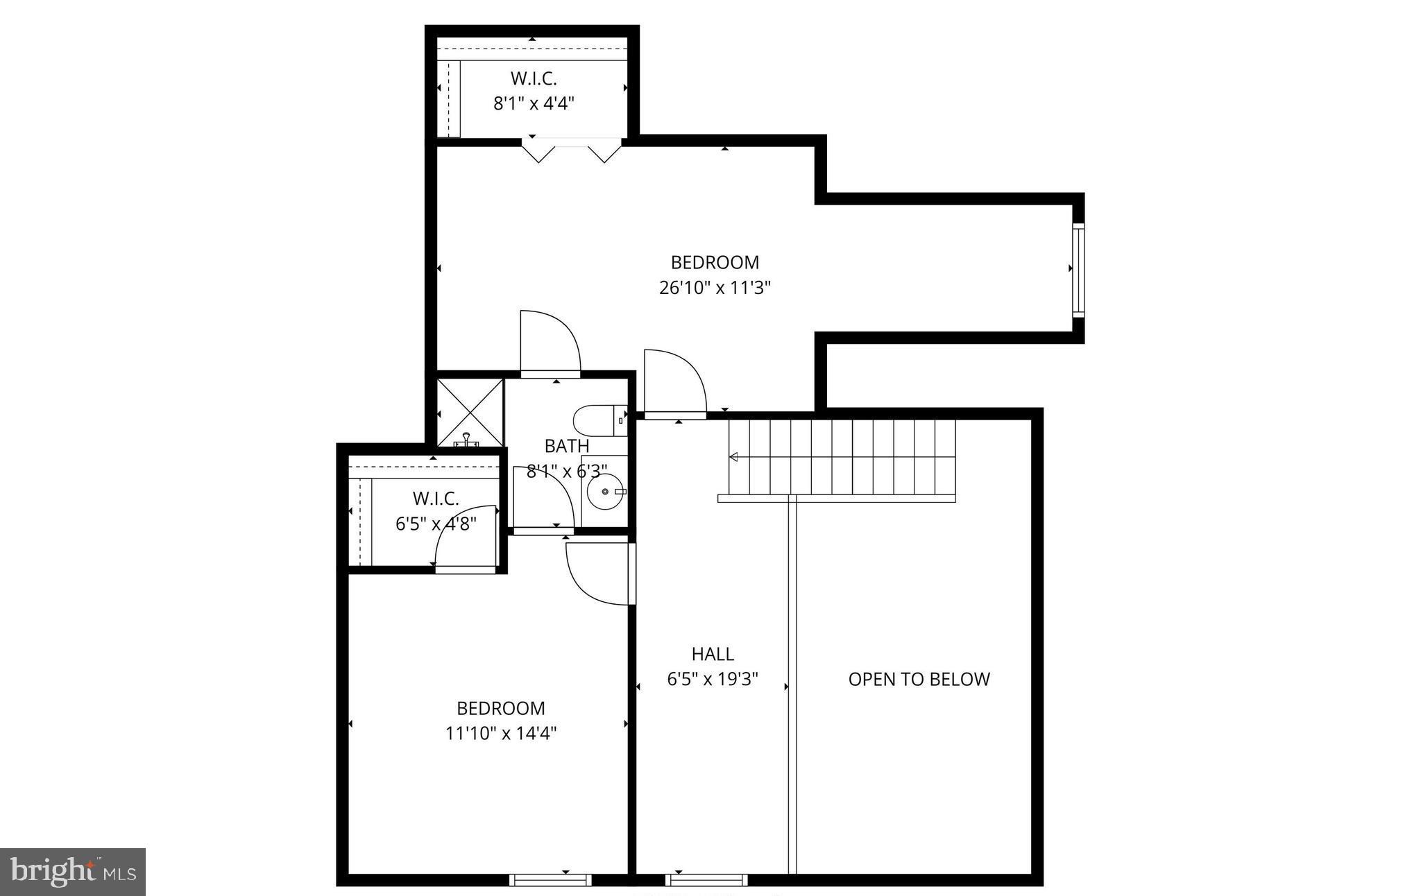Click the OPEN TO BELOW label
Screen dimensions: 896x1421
pos(919,679)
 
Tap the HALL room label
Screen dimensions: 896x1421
pos(713,654)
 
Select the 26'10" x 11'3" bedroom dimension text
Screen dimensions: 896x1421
pos(715,287)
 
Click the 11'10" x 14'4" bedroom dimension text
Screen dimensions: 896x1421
pos(501,733)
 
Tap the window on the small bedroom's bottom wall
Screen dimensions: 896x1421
pos(550,880)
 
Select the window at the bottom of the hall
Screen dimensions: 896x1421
pos(706,880)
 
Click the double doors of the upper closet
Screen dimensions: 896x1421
pos(571,150)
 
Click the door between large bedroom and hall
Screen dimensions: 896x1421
pos(674,384)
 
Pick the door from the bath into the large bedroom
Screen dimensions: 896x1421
pos(550,343)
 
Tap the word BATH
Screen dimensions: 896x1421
pos(567,446)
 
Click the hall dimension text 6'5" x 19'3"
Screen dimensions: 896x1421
pos(713,679)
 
